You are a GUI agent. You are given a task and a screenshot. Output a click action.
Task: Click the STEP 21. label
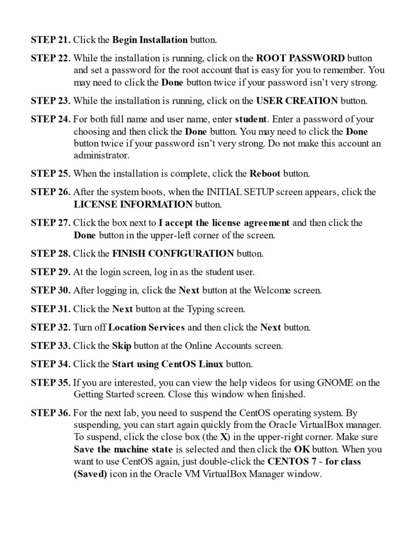pos(50,40)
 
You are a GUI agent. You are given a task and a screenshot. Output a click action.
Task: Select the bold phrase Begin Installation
pos(150,40)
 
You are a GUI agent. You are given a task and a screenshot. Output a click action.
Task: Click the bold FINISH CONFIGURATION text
pos(173,254)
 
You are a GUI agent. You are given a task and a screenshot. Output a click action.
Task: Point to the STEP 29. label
pos(50,272)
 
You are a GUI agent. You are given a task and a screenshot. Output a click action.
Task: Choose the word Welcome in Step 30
pos(273,290)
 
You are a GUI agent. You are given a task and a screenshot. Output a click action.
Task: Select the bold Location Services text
pos(146,327)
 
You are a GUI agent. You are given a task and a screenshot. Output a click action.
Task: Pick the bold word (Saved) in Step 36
pos(90,474)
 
